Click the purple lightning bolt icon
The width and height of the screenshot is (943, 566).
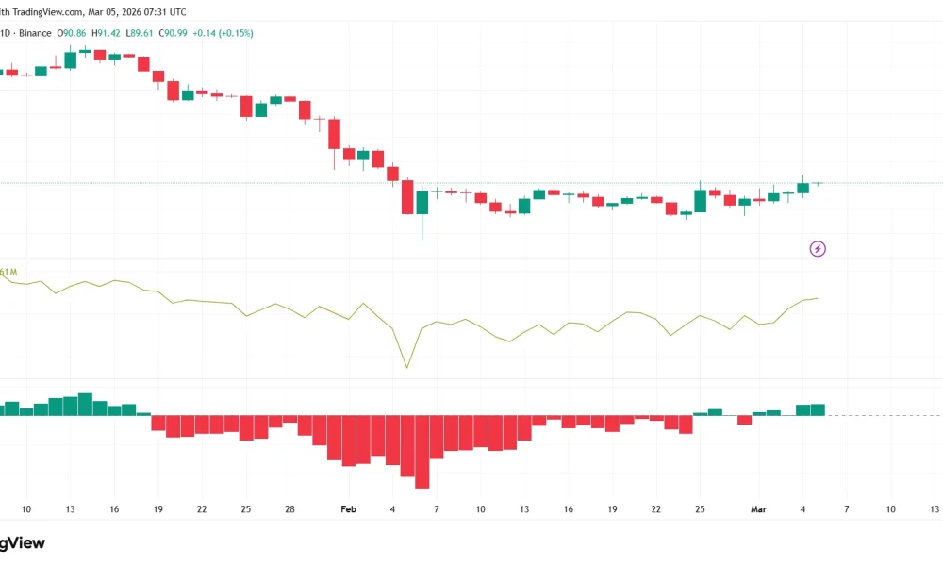(818, 249)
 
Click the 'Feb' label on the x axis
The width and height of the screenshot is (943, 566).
(349, 509)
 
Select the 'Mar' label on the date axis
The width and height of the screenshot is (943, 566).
(758, 509)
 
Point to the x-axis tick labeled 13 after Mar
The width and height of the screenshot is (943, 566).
(935, 509)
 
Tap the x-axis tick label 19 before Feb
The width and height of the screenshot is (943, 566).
(157, 509)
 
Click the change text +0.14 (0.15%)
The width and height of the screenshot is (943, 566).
(223, 33)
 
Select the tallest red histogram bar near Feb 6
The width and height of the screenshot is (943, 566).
(422, 452)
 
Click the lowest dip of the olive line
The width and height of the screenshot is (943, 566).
(407, 367)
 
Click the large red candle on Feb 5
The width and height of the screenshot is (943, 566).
(407, 197)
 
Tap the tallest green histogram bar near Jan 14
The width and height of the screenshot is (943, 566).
(85, 404)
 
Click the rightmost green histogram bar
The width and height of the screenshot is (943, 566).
(818, 409)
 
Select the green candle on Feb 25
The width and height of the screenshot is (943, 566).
(700, 201)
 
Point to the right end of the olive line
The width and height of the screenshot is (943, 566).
(818, 298)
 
